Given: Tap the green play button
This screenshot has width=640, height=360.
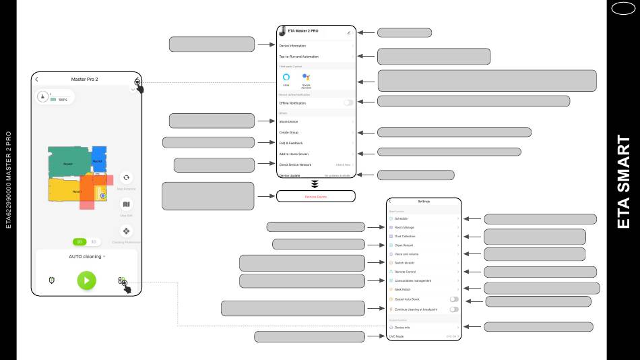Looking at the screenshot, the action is pos(86,280).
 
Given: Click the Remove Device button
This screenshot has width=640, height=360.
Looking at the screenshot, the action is pos(315,196).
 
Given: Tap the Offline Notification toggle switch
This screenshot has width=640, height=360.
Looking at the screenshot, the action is pos(348,102).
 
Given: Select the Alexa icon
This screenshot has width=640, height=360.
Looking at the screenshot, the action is pos(286,78).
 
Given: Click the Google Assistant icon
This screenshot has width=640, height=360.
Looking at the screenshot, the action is pos(306,78).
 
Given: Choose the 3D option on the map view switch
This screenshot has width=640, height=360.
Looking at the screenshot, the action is pos(94,241).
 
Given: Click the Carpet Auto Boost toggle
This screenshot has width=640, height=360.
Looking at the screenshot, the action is pos(454,299).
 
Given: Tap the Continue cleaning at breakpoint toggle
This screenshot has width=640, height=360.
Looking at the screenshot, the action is pos(454,309).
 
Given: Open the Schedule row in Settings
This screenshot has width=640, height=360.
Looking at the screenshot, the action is pos(401,218).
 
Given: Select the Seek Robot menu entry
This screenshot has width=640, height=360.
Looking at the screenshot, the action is pos(402,289).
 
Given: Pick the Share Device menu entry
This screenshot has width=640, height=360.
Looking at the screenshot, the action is pos(288,121).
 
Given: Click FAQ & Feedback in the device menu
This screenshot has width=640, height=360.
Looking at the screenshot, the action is pos(291,143).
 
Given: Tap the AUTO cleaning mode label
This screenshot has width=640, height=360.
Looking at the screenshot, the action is pos(86,256).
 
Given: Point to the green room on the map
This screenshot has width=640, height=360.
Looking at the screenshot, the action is pos(68,162).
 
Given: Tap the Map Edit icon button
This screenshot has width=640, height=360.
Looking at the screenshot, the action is pos(126,204).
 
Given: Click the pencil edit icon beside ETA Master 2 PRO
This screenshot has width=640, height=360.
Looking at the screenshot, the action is pos(349,32).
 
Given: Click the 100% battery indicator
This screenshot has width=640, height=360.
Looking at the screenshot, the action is pos(63,99).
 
